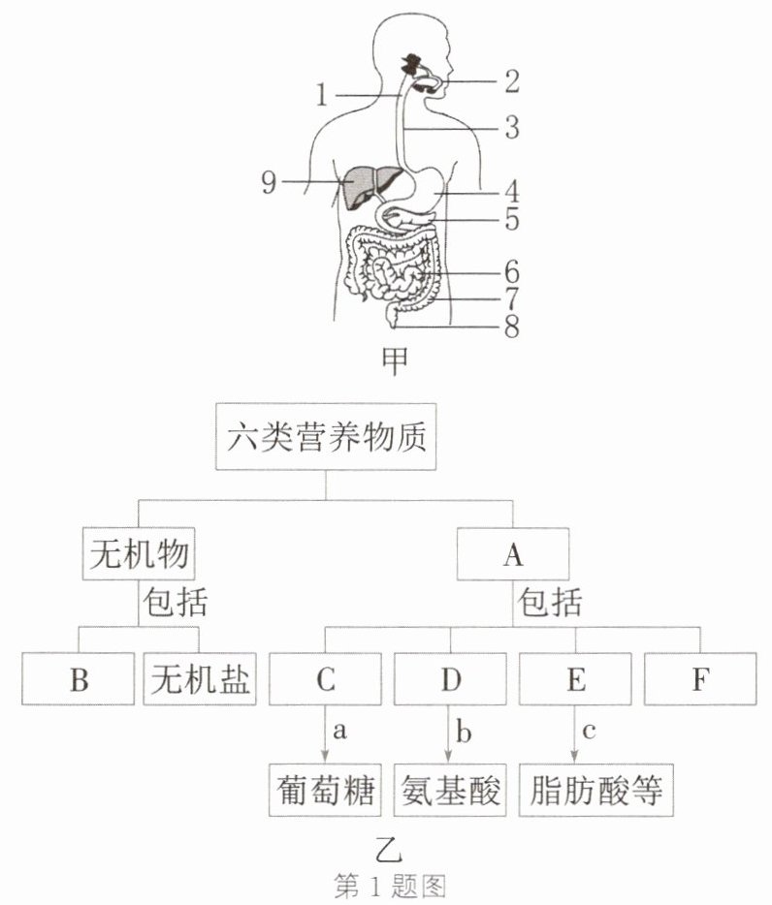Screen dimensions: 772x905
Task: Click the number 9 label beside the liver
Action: point(270,182)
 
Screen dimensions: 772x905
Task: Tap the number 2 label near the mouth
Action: point(512,81)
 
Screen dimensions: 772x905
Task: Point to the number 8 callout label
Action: point(512,327)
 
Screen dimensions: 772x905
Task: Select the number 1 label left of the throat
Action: point(322,95)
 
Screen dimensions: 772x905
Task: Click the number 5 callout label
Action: point(512,219)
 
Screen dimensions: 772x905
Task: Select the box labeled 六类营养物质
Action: point(326,436)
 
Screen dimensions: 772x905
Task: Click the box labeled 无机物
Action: point(139,553)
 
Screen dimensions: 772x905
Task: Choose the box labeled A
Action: point(513,553)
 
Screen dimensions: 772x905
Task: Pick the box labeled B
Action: point(79,678)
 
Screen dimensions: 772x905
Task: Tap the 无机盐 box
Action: point(200,678)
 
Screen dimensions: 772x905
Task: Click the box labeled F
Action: point(700,678)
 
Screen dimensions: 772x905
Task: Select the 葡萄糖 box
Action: point(325,790)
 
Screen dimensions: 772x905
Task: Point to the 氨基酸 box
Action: point(450,790)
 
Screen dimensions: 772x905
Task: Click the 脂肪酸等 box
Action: point(596,790)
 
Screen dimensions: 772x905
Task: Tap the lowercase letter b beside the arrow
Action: point(464,732)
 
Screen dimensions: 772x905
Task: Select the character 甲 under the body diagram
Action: point(396,360)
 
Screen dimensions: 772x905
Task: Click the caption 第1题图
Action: point(391,886)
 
